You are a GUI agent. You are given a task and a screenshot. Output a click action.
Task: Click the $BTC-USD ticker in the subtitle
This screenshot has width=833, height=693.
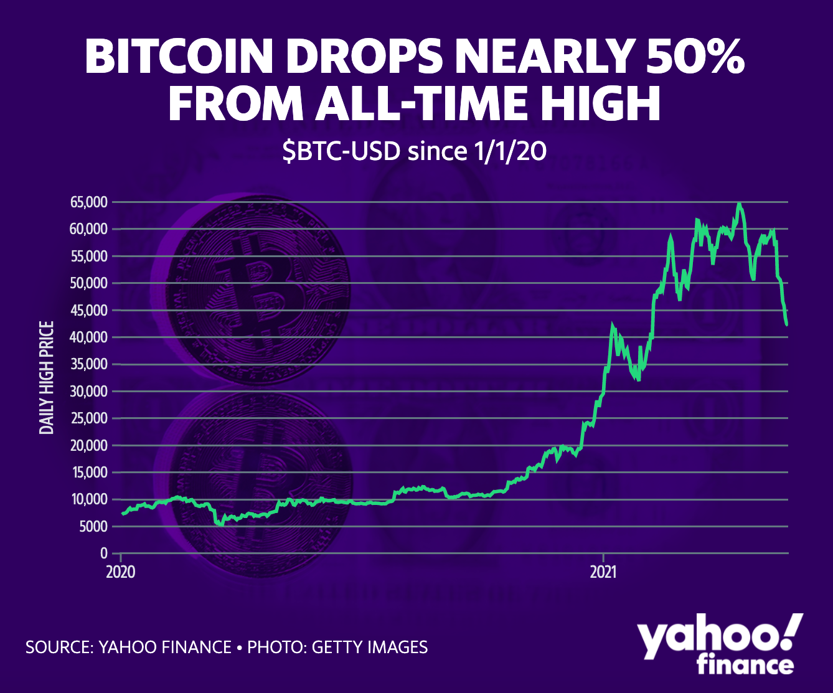tap(340, 152)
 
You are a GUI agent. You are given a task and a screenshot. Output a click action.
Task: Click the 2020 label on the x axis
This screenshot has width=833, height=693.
tap(120, 572)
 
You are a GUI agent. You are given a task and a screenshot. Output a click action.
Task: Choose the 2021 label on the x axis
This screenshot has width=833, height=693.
tap(603, 572)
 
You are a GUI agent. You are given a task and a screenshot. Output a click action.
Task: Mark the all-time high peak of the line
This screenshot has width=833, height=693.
tap(738, 204)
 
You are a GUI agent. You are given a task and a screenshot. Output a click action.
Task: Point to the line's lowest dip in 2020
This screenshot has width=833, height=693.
tap(220, 524)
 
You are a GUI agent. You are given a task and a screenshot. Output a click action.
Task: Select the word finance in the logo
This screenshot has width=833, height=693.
tap(745, 665)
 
